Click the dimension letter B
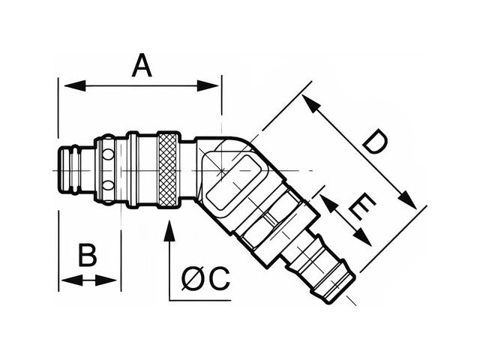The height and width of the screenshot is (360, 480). pos(88,256)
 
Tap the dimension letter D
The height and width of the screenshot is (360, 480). pos(373,142)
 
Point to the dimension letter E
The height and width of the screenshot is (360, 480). pos(361,207)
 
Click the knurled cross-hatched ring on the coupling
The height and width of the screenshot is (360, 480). pos(169,169)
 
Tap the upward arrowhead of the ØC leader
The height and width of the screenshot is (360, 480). pos(169,229)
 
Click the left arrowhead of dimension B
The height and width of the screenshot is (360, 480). pos(65,280)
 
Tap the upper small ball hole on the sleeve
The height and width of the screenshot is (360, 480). pos(109,155)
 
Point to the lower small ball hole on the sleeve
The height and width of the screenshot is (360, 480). pos(109,184)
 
